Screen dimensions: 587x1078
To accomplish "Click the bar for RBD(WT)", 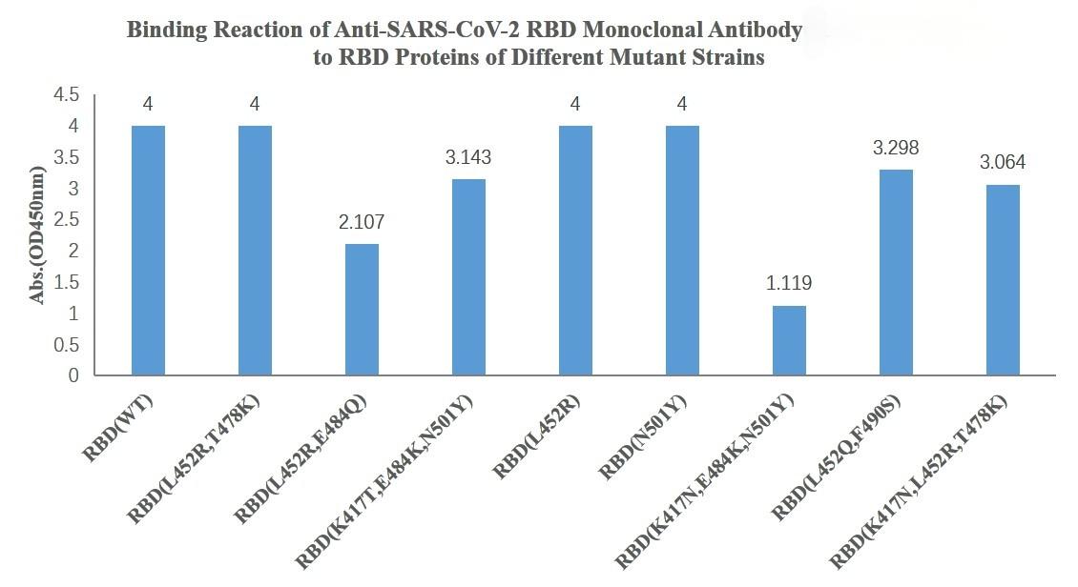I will [148, 251].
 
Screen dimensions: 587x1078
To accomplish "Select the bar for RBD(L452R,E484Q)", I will [362, 310].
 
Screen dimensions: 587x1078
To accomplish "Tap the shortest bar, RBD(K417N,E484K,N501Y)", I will [789, 340].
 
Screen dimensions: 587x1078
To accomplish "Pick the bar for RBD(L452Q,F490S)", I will [896, 273].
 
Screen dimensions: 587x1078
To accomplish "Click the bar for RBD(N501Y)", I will [682, 251].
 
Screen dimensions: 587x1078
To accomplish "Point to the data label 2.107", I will [362, 223].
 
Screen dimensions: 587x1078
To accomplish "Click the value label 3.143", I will [468, 157].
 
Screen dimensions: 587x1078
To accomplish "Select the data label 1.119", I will [789, 284].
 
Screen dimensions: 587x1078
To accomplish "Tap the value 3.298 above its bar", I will [896, 148].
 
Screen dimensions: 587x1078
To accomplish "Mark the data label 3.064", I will [1003, 162].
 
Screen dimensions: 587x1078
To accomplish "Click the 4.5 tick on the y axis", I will [66, 95].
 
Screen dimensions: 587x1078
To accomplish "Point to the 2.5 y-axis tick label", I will [66, 220].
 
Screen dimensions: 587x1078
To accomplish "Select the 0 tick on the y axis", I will [73, 375].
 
